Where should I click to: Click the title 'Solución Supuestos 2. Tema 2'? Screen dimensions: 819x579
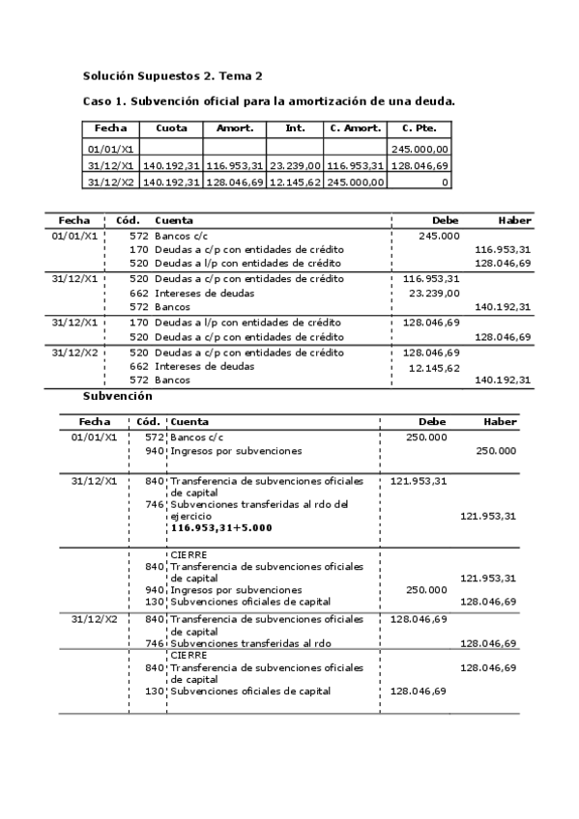click(x=172, y=75)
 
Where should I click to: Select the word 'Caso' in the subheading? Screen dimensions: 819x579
click(x=98, y=101)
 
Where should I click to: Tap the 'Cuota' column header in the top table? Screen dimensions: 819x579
click(x=171, y=128)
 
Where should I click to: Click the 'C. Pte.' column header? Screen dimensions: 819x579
click(x=419, y=128)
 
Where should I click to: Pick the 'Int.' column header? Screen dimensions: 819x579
click(x=295, y=128)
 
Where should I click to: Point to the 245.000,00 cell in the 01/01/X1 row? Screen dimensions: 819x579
click(x=420, y=150)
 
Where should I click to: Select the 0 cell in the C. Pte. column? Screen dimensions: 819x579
click(x=445, y=182)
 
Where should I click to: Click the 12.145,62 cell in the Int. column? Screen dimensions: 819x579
click(x=295, y=182)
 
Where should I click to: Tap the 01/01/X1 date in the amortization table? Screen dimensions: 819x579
click(x=110, y=150)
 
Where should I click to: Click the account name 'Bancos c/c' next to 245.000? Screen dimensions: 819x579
click(x=180, y=236)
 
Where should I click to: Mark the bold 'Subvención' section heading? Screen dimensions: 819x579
click(x=117, y=396)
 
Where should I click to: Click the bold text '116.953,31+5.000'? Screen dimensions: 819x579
click(x=220, y=528)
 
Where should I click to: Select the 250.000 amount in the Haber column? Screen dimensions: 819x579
click(x=496, y=451)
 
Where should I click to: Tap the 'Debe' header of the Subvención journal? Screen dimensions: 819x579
click(x=432, y=422)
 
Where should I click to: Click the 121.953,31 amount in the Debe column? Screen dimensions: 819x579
click(x=419, y=480)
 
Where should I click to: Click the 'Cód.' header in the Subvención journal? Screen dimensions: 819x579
click(x=148, y=422)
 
